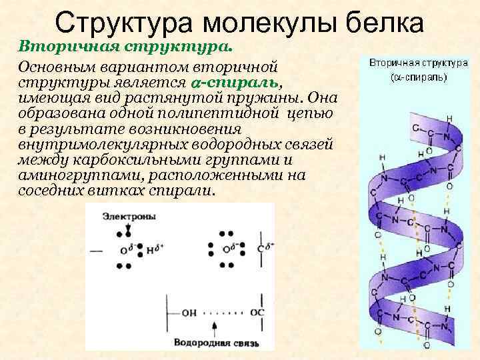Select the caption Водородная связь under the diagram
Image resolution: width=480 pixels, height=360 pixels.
(x=215, y=344)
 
